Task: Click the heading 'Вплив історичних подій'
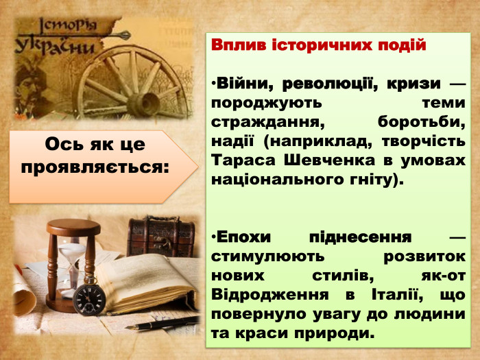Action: pyautogui.click(x=319, y=46)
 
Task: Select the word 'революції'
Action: pyautogui.click(x=317, y=84)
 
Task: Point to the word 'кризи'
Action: pyautogui.click(x=403, y=84)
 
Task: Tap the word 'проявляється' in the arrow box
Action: pyautogui.click(x=95, y=166)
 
